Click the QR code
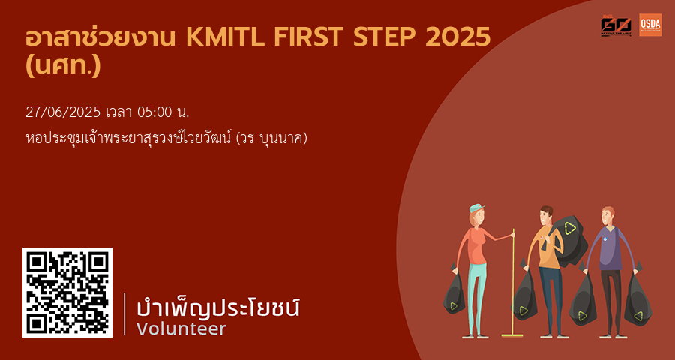point(67,292)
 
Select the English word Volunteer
point(181,328)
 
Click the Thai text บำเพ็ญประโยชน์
point(218,307)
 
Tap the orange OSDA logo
point(650,25)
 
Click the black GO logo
point(616,25)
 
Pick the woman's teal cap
point(475,208)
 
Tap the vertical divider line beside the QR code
point(124,313)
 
